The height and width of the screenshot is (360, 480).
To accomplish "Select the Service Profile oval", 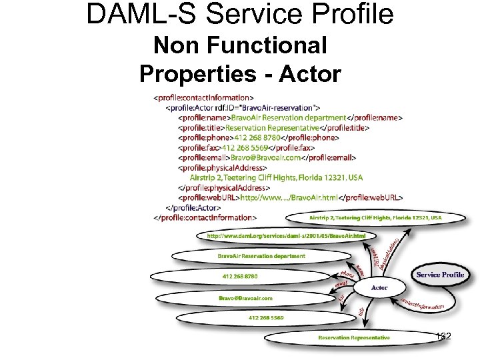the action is point(440,275).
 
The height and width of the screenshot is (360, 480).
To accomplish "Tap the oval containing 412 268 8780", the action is point(239,276).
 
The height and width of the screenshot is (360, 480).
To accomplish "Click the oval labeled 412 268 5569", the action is point(265,317).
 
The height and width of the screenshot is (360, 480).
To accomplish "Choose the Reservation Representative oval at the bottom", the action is point(354,337).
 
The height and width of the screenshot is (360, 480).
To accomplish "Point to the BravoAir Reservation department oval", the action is point(261,255).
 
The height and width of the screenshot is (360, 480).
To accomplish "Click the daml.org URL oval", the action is point(286,236).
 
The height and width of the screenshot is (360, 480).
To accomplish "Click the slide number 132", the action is point(442,337).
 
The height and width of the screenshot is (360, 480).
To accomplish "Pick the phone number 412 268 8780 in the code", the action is point(249,137).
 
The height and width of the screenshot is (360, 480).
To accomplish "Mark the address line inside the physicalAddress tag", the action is point(276,177).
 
